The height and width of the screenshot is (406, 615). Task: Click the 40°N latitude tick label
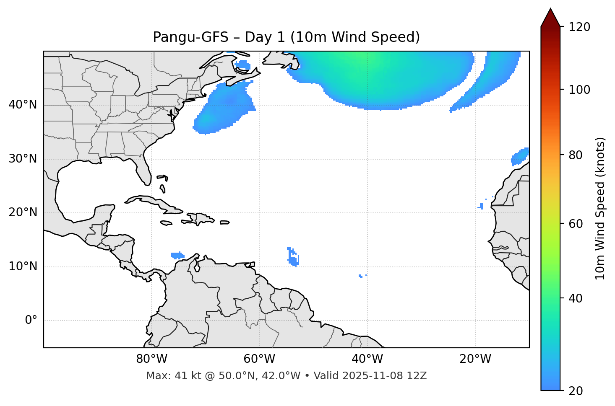23,105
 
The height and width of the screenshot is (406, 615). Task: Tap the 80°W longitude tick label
151,359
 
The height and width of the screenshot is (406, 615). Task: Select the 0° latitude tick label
31,321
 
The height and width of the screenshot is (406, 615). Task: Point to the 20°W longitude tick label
475,359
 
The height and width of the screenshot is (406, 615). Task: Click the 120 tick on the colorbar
579,27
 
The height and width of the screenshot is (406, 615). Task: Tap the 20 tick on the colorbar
576,390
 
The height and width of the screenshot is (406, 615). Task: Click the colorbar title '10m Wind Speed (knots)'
600,208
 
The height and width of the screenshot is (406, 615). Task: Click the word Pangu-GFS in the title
190,37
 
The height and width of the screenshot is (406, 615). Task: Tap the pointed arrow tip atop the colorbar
550,10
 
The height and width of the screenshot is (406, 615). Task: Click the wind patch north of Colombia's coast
178,255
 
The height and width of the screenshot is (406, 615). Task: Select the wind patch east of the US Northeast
224,109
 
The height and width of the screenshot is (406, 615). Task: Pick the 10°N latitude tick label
23,266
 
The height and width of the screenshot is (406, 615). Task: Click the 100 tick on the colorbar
579,90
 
